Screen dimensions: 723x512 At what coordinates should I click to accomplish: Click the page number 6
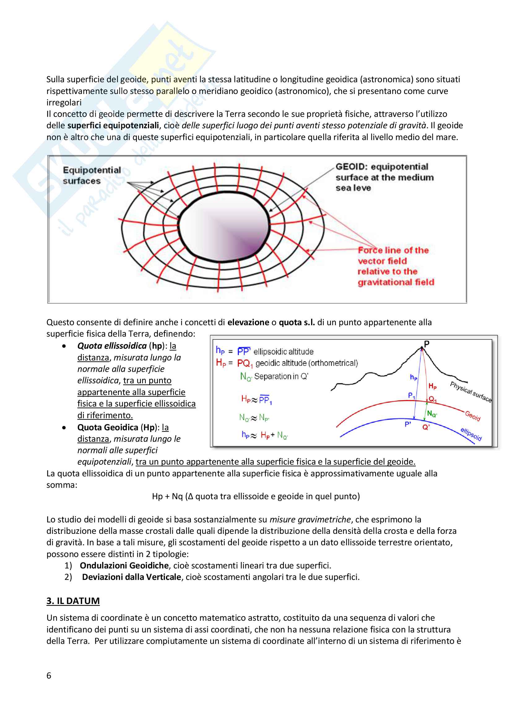click(49, 675)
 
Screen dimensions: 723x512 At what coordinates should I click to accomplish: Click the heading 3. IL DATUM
click(73, 601)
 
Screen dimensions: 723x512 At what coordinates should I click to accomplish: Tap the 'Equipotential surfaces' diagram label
click(91, 175)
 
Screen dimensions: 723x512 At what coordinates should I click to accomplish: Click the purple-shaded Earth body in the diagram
click(224, 228)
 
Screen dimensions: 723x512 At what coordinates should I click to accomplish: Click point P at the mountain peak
click(426, 344)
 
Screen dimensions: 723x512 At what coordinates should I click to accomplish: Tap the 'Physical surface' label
click(471, 392)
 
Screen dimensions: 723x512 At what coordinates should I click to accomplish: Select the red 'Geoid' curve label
click(473, 416)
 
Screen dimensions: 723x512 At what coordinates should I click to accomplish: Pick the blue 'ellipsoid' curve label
click(471, 434)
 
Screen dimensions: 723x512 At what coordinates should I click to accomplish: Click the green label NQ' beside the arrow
click(432, 414)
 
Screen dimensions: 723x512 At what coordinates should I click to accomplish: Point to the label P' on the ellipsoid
click(408, 424)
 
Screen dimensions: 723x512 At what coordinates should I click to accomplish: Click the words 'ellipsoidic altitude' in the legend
click(284, 352)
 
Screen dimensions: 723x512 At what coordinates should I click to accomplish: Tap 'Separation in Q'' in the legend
click(281, 376)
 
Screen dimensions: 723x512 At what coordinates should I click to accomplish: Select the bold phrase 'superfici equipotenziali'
click(113, 125)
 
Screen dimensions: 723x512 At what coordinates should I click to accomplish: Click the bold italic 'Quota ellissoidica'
click(112, 346)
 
